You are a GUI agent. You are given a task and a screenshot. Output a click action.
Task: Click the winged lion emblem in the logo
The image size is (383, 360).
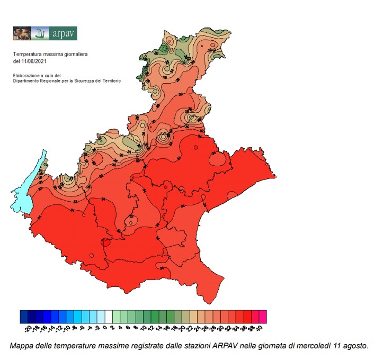coord(22,33)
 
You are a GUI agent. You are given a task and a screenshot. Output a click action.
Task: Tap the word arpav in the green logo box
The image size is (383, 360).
coord(64,34)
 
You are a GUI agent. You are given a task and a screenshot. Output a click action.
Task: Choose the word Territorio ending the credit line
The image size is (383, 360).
coord(110,81)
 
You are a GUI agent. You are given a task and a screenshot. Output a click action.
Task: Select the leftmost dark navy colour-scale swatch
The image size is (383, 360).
coord(24,317)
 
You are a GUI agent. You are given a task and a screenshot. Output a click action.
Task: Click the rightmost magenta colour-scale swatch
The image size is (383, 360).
coord(263,317)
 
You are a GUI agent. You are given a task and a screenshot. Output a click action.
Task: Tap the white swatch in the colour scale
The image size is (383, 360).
coord(109,317)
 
